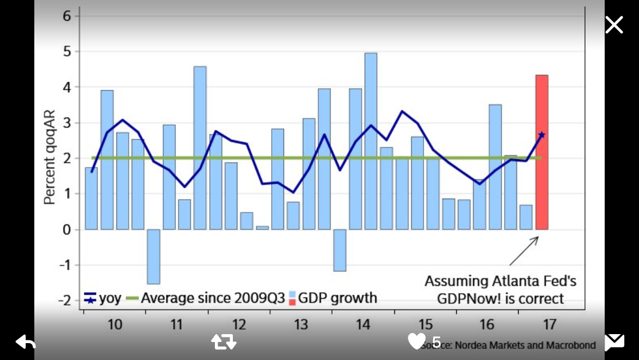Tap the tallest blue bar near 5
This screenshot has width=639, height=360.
(x=371, y=141)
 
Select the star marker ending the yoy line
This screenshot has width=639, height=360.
(x=542, y=134)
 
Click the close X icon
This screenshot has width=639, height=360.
(x=614, y=25)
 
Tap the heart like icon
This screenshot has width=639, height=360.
(x=417, y=341)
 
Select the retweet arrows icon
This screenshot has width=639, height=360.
(x=223, y=341)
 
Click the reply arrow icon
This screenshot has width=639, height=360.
(x=25, y=341)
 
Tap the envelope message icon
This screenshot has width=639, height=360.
(x=614, y=341)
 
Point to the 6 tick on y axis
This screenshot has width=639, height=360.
(x=67, y=16)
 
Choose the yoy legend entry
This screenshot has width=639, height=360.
(x=103, y=298)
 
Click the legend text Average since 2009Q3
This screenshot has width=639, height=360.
(x=213, y=298)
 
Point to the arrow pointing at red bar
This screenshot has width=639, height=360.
(x=524, y=251)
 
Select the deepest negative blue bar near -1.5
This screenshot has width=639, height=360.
(x=154, y=256)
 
